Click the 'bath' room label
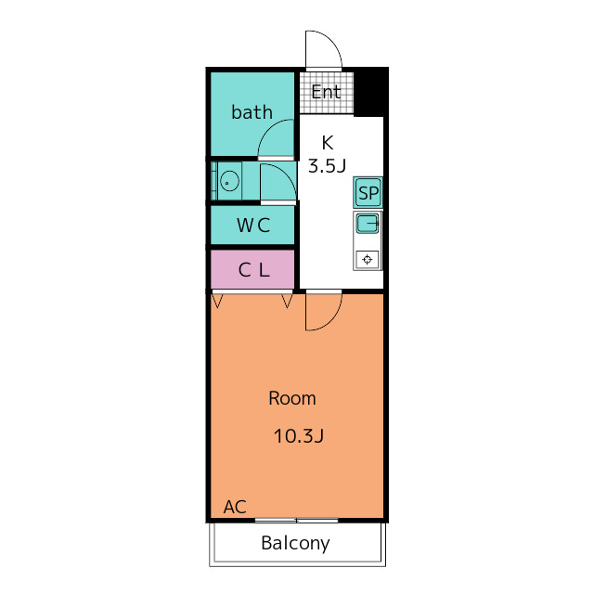coord(252,112)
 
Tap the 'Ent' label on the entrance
coord(326,92)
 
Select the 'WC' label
coord(253,226)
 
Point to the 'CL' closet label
coord(253,270)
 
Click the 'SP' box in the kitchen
coord(368,193)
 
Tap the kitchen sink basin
coord(368,224)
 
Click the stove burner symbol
coord(368,260)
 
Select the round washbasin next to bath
coord(229,181)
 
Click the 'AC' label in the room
coord(235,507)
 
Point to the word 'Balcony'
coord(295,543)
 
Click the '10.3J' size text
coord(299,436)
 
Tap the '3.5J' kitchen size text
coord(327,166)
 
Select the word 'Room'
coord(292,398)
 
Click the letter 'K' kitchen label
coord(328,143)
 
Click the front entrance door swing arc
coord(324,49)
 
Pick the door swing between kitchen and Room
coord(324,311)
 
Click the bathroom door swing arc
coord(276,138)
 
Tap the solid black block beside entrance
coord(371,93)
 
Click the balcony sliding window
coord(297,521)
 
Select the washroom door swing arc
coord(278,183)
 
